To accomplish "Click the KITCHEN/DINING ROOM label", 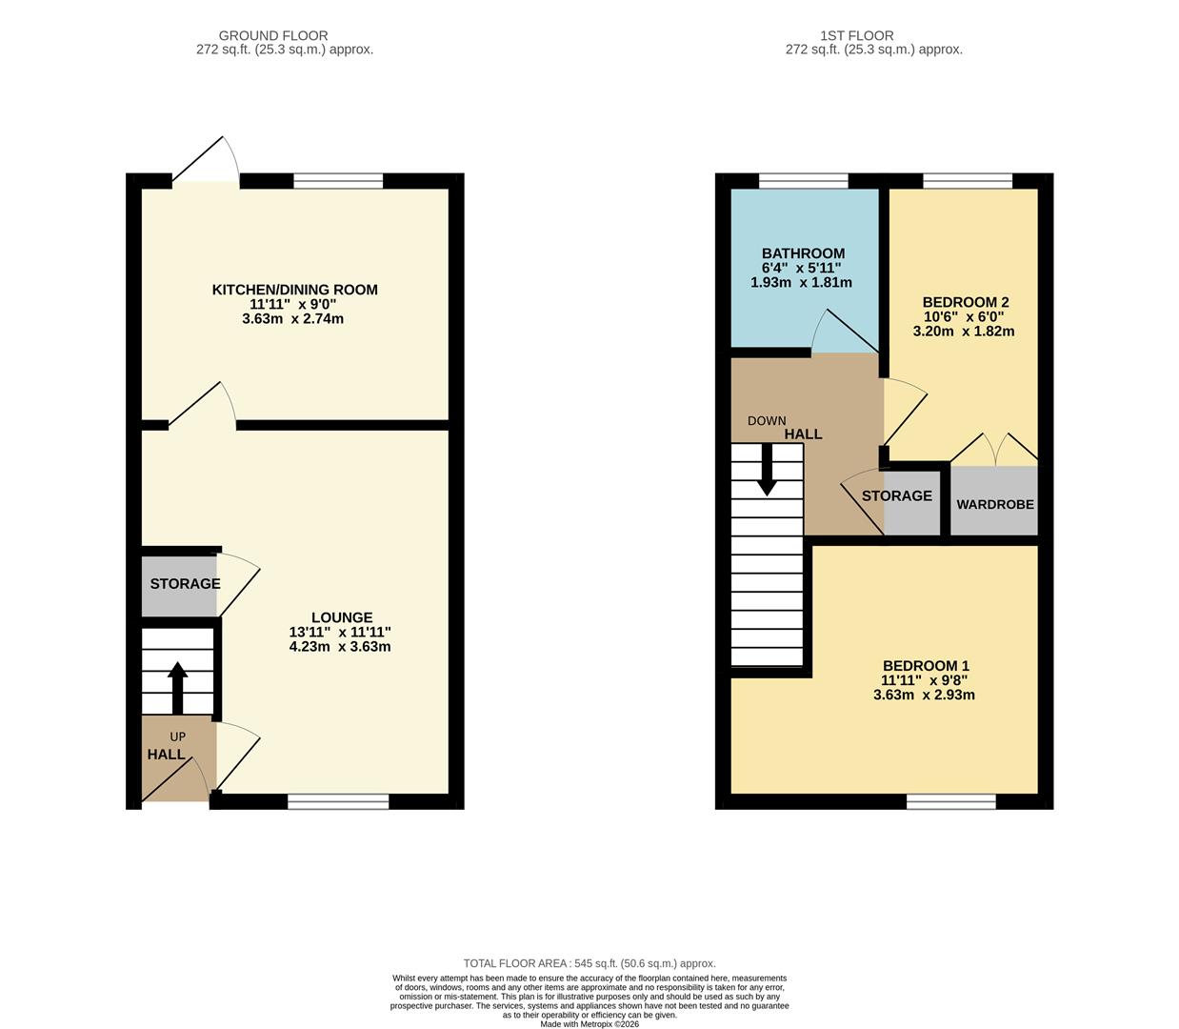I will [294, 290].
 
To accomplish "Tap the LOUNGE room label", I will [342, 617].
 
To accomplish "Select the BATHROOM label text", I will [803, 253].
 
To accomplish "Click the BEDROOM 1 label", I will [926, 666].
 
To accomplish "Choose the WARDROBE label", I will [994, 504].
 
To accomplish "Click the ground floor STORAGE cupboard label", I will [185, 583].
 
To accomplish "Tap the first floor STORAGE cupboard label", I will [896, 495].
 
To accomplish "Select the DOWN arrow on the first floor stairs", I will [767, 472].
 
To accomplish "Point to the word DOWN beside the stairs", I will [767, 420].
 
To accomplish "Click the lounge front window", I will [338, 801].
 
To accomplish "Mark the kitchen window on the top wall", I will [338, 181].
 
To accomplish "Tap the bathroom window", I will [803, 181].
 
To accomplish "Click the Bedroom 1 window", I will [951, 801].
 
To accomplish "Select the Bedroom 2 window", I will [967, 181].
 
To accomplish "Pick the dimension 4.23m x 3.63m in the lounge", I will [340, 646].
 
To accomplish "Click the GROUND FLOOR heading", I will [273, 36].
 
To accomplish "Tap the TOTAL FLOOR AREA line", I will [589, 963].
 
